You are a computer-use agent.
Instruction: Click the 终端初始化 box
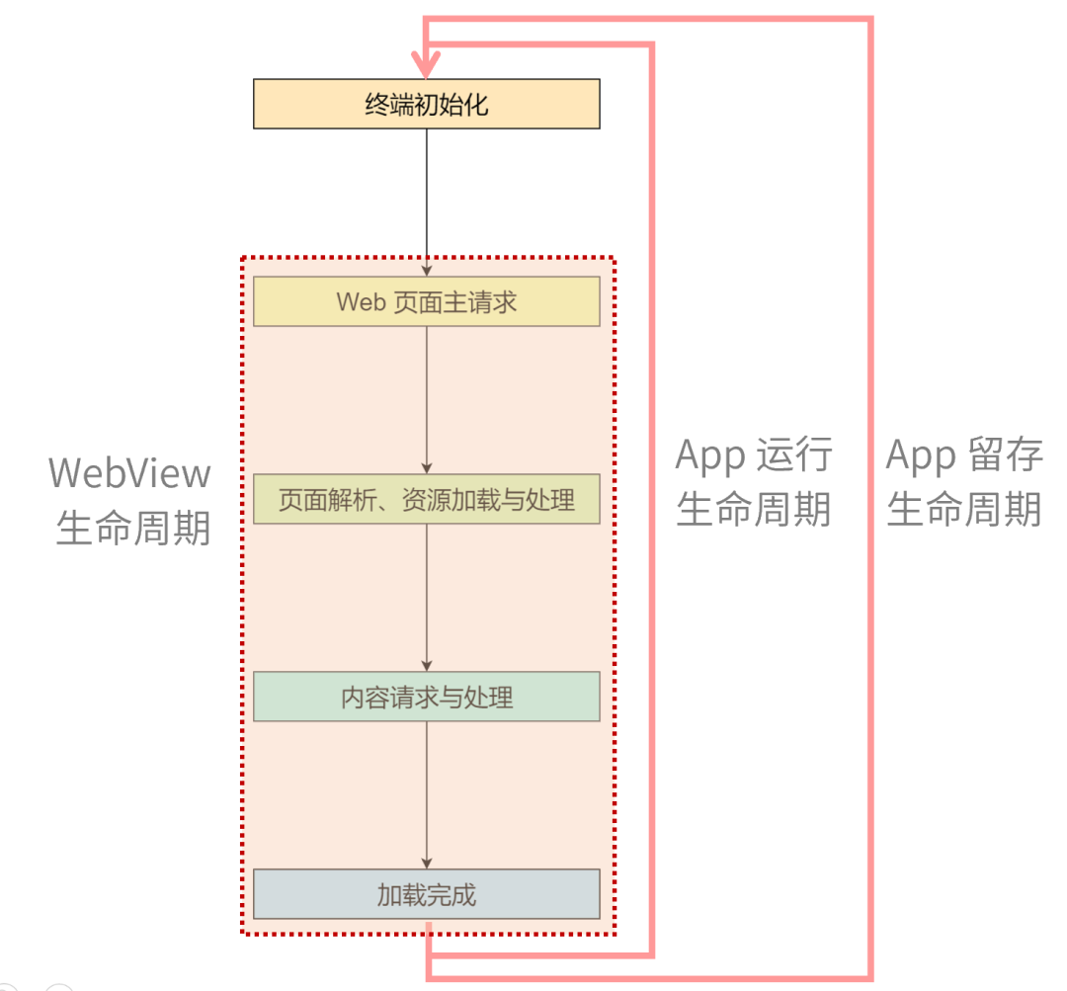(427, 104)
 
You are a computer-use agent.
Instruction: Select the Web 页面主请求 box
(427, 301)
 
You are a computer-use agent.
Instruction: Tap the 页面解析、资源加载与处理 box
(427, 499)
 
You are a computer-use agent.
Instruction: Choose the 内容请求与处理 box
(427, 697)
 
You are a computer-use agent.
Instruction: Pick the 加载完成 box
(427, 894)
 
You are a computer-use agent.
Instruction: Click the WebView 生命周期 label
(130, 500)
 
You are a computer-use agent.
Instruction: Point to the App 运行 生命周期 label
(754, 482)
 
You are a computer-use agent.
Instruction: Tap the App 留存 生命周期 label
(964, 482)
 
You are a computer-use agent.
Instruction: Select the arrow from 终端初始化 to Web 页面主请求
(427, 198)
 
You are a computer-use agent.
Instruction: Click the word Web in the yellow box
(361, 301)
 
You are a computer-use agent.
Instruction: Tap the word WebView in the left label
(130, 472)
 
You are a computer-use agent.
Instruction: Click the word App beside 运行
(710, 456)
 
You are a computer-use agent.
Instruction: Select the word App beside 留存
(921, 454)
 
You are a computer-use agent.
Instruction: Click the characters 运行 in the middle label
(794, 456)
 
